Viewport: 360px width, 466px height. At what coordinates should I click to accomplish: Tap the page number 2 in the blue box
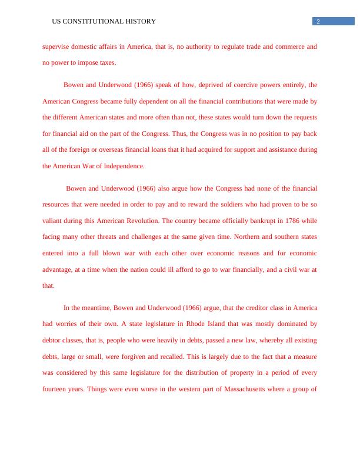click(318, 22)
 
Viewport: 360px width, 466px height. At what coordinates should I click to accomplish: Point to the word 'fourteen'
click(55, 389)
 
